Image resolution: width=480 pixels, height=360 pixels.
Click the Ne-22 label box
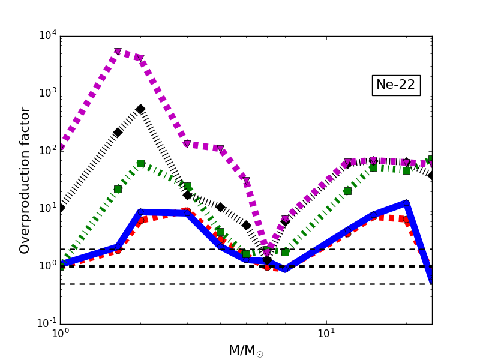tap(395, 85)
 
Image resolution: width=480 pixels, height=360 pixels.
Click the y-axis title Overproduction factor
tap(25, 180)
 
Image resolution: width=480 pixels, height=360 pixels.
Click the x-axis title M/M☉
tap(246, 350)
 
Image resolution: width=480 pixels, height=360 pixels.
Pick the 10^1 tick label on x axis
tap(326, 334)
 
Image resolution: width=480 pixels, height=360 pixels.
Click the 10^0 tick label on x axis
tap(60, 334)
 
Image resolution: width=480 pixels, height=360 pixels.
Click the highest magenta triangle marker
tap(118, 52)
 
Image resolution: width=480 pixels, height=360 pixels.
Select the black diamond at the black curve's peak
tap(140, 109)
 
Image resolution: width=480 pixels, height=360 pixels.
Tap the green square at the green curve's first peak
tap(140, 163)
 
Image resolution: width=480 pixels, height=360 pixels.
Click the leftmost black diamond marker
tap(61, 208)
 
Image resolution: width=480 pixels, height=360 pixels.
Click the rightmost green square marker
tap(431, 160)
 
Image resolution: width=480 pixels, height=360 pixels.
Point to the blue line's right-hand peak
tap(406, 203)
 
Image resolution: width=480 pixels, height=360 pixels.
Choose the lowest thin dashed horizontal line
tap(240, 284)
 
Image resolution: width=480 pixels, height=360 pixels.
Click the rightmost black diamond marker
tap(431, 175)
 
